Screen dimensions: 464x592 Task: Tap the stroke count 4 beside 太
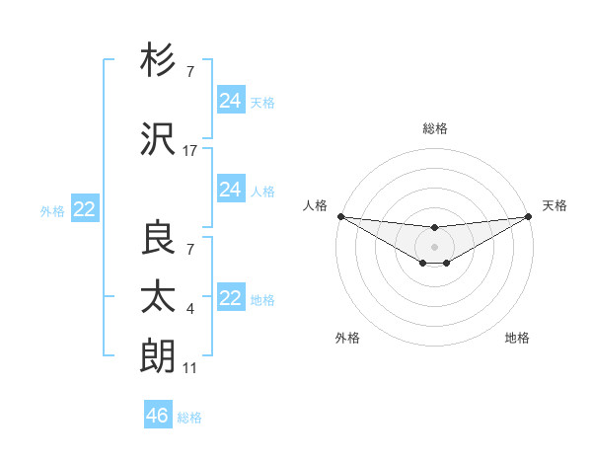(190, 310)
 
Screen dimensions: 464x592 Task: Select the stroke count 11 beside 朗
(190, 368)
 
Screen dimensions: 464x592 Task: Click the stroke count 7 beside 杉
(190, 72)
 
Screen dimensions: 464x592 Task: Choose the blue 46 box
(157, 416)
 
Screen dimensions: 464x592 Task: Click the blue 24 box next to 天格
(230, 100)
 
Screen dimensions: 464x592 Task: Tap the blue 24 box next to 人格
(230, 190)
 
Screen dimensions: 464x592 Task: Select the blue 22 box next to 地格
(230, 298)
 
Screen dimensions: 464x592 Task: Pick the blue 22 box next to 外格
(85, 209)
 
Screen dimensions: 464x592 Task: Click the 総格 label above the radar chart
(434, 128)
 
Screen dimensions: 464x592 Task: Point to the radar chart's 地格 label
(517, 339)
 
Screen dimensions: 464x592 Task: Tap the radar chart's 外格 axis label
(347, 339)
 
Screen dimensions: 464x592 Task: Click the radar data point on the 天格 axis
(530, 216)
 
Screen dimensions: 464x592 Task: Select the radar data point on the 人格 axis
(340, 216)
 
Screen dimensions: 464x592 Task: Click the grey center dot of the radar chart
(434, 246)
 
